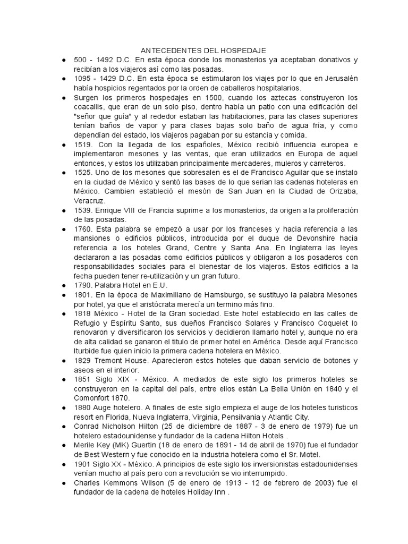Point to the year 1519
pos(82,144)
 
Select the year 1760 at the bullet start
pos(82,229)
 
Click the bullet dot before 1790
pos(64,285)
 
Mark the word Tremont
pos(110,361)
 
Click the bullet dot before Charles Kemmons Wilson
pos(64,482)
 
